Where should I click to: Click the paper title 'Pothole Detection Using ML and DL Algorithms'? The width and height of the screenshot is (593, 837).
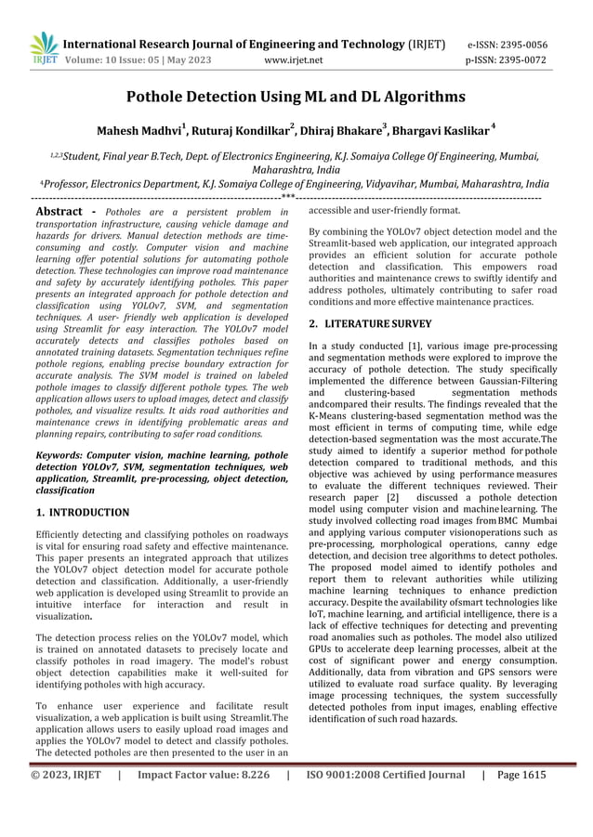[296, 95]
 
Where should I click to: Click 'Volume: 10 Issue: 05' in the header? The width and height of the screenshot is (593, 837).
[111, 61]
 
